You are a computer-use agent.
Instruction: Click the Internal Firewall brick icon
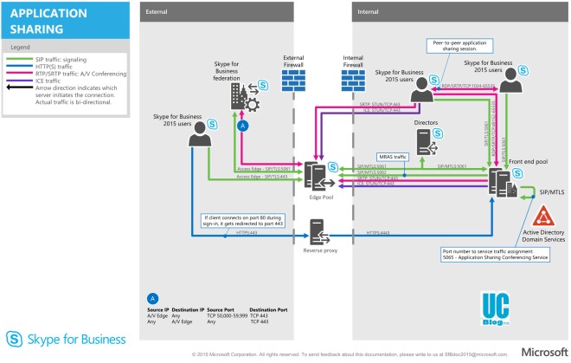point(352,80)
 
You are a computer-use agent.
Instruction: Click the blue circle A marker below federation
point(243,126)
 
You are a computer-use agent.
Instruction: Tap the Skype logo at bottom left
point(16,339)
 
